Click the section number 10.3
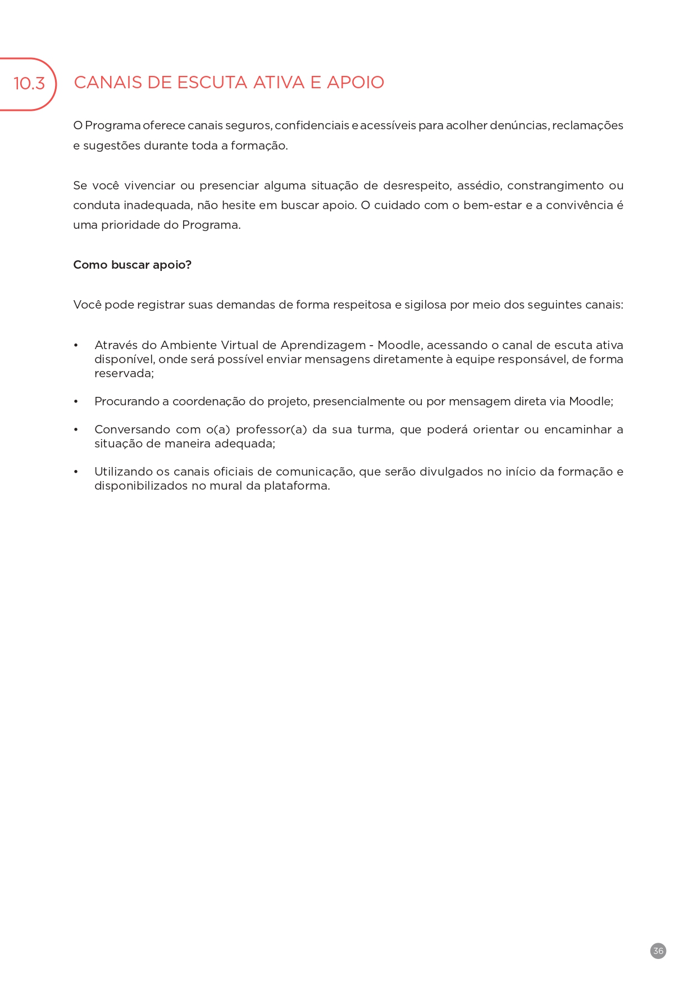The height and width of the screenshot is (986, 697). click(29, 84)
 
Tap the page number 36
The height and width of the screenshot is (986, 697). click(658, 951)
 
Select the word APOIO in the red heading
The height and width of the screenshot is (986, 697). click(356, 83)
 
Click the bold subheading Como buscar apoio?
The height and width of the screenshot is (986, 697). click(132, 265)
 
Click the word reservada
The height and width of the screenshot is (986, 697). click(123, 373)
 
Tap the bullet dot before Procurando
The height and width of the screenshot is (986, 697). click(76, 401)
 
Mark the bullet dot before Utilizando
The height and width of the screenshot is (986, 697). click(76, 472)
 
